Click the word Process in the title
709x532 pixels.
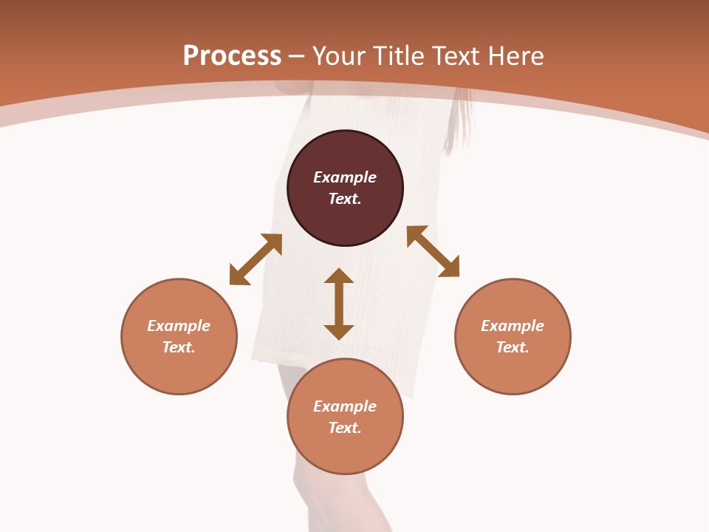232,56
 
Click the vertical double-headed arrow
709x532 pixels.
339,304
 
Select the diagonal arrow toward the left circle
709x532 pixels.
256,259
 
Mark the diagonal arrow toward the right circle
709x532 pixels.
433,251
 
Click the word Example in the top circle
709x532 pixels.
345,177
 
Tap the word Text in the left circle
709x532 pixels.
179,347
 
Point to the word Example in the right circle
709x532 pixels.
513,326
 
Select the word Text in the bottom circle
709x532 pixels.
345,428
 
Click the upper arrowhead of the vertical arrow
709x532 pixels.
339,276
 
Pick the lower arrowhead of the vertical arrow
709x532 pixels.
339,332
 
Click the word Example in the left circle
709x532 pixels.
179,326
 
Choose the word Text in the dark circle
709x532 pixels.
345,199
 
